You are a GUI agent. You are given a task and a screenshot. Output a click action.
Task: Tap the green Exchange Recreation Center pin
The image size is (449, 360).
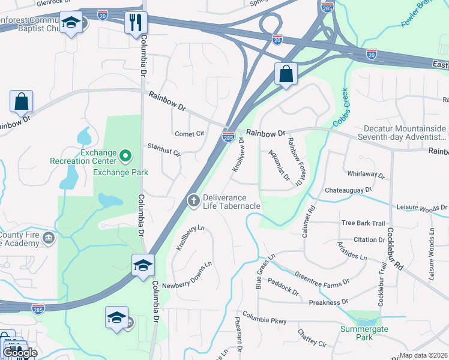pos(125,157)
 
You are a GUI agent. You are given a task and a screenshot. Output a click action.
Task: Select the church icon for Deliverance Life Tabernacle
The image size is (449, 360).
pos(193,200)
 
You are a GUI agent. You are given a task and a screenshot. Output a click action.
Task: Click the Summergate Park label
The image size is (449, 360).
pos(364,333)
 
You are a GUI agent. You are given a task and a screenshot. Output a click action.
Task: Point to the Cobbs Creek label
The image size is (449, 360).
pos(345,109)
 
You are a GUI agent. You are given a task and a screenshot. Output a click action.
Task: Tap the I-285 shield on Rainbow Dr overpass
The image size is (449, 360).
pos(228,137)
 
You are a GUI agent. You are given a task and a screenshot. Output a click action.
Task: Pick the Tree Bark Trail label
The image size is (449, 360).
pos(363,223)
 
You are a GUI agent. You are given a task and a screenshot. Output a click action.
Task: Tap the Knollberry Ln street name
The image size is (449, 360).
pos(191,238)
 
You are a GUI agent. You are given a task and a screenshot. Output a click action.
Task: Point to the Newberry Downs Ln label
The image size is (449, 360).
pos(188,275)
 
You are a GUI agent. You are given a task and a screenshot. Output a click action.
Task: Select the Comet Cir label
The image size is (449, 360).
pos(189,134)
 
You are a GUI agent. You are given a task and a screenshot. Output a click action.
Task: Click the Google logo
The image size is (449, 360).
pos(20,352)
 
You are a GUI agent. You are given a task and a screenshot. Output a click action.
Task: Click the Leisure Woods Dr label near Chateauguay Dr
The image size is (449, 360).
pos(422,208)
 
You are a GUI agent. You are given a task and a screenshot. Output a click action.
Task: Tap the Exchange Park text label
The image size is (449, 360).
pos(121,173)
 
